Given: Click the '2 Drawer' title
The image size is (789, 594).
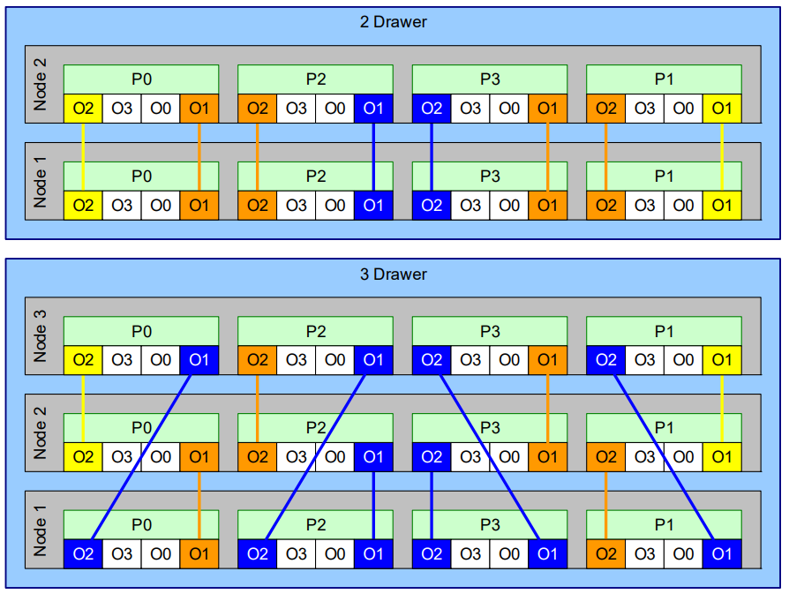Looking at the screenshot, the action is click(393, 22).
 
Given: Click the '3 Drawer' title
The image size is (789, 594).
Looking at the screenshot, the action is click(393, 274).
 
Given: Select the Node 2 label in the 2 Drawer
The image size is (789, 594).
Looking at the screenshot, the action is click(40, 84).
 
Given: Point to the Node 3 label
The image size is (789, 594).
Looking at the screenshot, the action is click(40, 335).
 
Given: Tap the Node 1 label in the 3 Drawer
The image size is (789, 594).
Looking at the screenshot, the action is click(40, 530).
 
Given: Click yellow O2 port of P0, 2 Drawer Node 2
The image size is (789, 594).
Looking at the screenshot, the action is click(83, 109).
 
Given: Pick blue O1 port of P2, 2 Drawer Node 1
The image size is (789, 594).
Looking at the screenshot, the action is click(373, 206).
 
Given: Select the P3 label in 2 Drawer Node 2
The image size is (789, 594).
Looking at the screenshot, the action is click(490, 79).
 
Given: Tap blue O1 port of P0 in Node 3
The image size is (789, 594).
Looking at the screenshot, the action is click(199, 360).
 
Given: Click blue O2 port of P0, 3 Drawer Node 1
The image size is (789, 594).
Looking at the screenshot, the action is click(83, 553).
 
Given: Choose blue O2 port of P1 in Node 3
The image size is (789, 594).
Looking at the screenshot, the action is click(605, 360).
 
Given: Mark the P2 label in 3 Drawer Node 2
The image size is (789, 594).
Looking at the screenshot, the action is click(315, 428).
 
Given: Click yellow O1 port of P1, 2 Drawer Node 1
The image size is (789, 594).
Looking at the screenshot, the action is click(722, 206).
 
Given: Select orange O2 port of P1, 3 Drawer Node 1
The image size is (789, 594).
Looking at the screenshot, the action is click(605, 553).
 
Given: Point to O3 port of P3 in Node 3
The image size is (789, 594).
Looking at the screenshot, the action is click(470, 360).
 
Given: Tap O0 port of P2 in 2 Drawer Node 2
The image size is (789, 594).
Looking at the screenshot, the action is click(334, 109).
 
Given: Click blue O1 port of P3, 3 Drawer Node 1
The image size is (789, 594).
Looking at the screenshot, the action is click(547, 553).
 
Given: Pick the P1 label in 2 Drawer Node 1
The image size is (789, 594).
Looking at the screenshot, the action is click(664, 177).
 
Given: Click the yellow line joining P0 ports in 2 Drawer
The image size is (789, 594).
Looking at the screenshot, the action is click(83, 156).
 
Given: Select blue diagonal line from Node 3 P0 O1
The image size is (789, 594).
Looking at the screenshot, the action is click(141, 456).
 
